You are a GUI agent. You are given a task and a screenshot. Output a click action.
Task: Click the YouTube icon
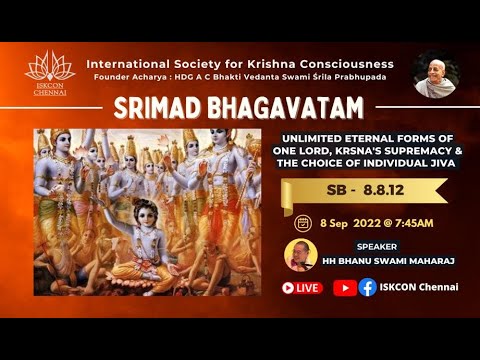345,287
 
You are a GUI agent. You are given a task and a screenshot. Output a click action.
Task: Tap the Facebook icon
368,287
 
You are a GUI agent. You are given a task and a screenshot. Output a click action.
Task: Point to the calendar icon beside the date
303,222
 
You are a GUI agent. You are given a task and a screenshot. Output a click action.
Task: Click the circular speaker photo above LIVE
299,256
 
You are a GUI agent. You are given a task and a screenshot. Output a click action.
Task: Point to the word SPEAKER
382,245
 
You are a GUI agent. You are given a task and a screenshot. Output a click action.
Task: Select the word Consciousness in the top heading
341,64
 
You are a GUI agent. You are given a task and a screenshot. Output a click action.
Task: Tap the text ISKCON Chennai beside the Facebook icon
420,287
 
